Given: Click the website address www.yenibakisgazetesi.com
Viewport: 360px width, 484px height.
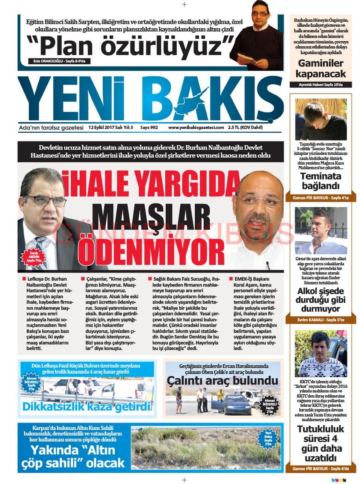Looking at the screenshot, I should [196, 127].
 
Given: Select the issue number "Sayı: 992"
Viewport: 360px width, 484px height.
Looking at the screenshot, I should [149, 127].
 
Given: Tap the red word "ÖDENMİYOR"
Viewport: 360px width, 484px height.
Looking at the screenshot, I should [151, 251].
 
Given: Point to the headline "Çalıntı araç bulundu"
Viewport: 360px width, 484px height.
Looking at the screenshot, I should [222, 380].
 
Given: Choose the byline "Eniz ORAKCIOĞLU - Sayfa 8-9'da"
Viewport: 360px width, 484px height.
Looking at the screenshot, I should [60, 61].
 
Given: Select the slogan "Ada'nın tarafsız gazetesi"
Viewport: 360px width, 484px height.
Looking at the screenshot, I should [51, 128].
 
